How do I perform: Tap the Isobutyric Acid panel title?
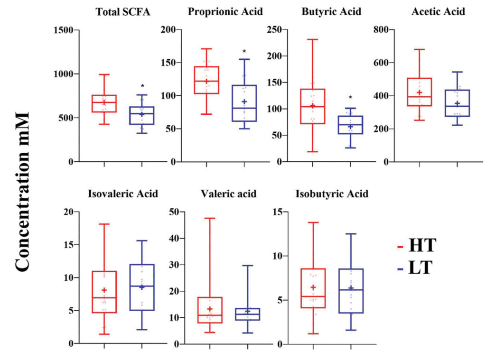(332, 194)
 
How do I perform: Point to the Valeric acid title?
(228, 194)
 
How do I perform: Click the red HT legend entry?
(417, 246)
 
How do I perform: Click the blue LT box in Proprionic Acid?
(244, 103)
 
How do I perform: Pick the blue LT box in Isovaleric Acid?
(142, 287)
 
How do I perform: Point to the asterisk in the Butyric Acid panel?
(350, 98)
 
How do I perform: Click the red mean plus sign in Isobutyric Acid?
(313, 287)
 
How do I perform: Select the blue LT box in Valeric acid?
(248, 314)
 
